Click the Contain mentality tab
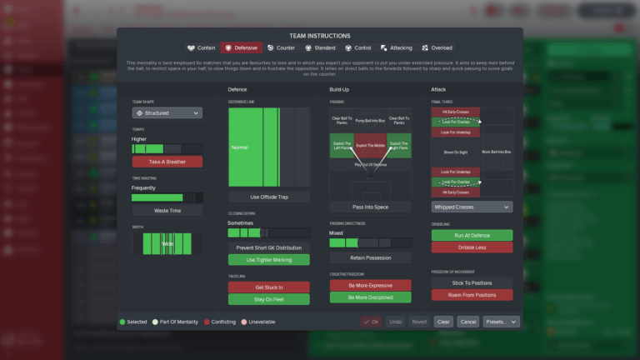click(x=201, y=48)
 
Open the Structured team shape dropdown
click(x=167, y=112)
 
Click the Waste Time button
click(x=167, y=211)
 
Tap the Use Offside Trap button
click(x=269, y=197)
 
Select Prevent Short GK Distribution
click(x=269, y=247)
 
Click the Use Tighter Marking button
click(x=269, y=260)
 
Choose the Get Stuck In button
click(x=269, y=287)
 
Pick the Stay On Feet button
click(x=269, y=298)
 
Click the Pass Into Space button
click(x=370, y=207)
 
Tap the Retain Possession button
click(x=370, y=257)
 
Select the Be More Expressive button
click(x=370, y=285)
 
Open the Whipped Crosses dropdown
click(x=472, y=207)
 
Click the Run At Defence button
click(x=472, y=235)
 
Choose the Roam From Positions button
click(x=472, y=295)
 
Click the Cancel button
click(x=468, y=322)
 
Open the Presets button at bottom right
click(x=501, y=322)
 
